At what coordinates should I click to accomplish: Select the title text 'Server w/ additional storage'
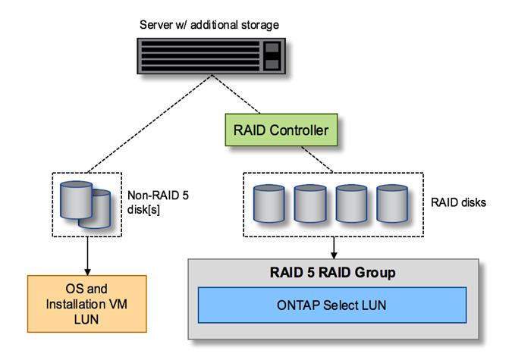209,25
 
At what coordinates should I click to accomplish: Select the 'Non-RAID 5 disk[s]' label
149,204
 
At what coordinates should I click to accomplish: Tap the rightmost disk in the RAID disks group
390,203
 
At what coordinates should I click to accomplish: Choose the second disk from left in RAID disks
309,203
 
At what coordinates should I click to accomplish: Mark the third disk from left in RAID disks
350,203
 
